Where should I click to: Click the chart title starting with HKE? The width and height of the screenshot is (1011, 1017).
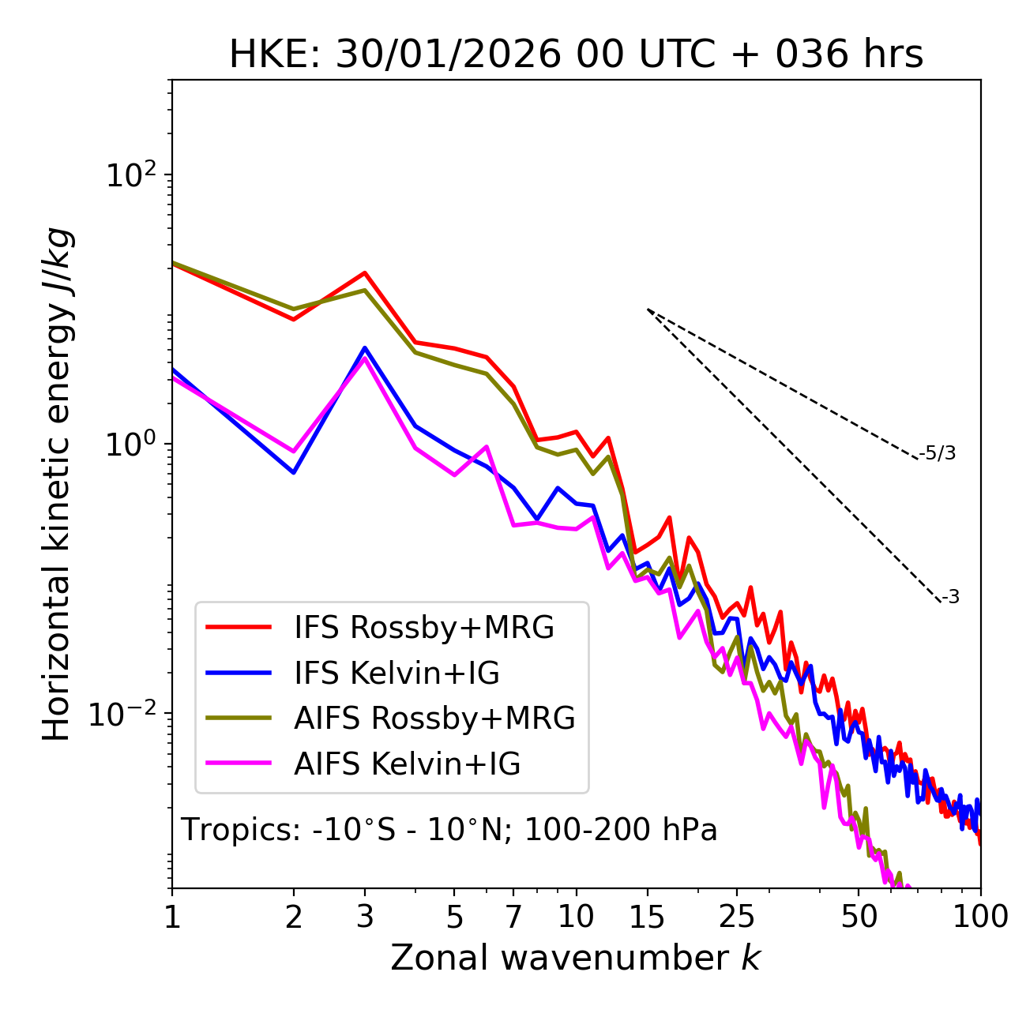(x=576, y=54)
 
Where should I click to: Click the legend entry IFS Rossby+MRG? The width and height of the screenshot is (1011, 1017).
(x=423, y=628)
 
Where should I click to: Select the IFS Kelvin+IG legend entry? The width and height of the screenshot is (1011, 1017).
(x=397, y=674)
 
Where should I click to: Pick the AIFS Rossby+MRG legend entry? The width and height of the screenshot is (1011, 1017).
(x=434, y=719)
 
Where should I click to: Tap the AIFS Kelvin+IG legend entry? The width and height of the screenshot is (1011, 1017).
(x=407, y=764)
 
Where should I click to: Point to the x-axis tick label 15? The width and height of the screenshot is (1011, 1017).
(x=647, y=917)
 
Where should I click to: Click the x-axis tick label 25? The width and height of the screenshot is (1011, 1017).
(x=737, y=917)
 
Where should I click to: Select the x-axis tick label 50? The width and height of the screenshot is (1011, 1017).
(x=859, y=917)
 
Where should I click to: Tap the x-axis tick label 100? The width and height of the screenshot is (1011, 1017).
(x=980, y=917)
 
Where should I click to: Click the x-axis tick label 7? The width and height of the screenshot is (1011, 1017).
(x=513, y=917)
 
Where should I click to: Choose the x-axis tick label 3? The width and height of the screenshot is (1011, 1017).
(x=365, y=917)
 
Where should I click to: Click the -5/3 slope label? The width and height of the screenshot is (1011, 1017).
(x=938, y=454)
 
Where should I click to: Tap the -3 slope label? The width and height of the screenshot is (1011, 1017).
(x=951, y=598)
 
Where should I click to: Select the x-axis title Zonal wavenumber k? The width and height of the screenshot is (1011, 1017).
(x=576, y=958)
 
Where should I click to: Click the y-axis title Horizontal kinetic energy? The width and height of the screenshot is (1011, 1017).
(x=57, y=484)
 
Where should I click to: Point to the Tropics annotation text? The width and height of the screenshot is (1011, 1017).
(x=449, y=830)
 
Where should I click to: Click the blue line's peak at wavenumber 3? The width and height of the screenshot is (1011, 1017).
(x=365, y=347)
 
